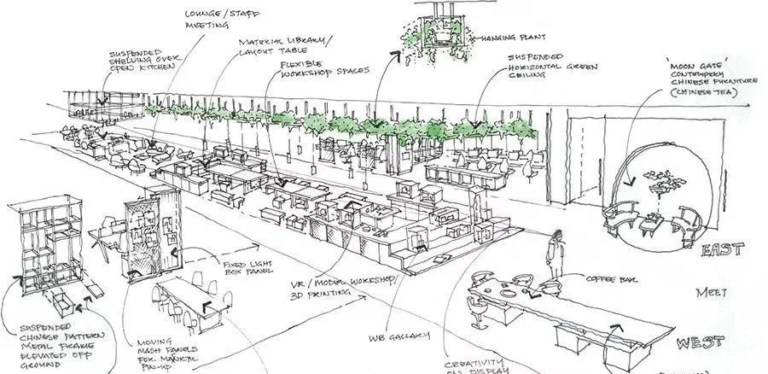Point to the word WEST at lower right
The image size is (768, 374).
(702, 344)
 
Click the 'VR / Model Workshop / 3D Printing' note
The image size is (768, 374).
(320, 285)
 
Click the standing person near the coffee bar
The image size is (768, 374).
(555, 255)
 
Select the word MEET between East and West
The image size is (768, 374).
(709, 292)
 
